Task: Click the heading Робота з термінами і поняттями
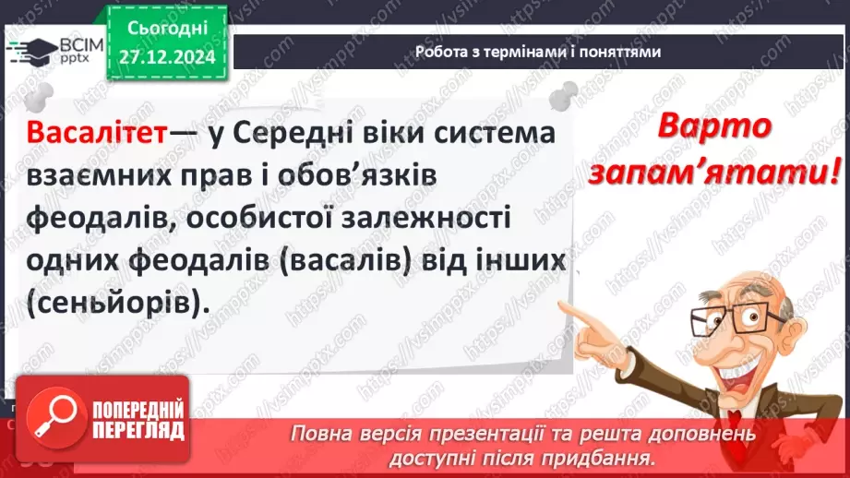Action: click(538, 52)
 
